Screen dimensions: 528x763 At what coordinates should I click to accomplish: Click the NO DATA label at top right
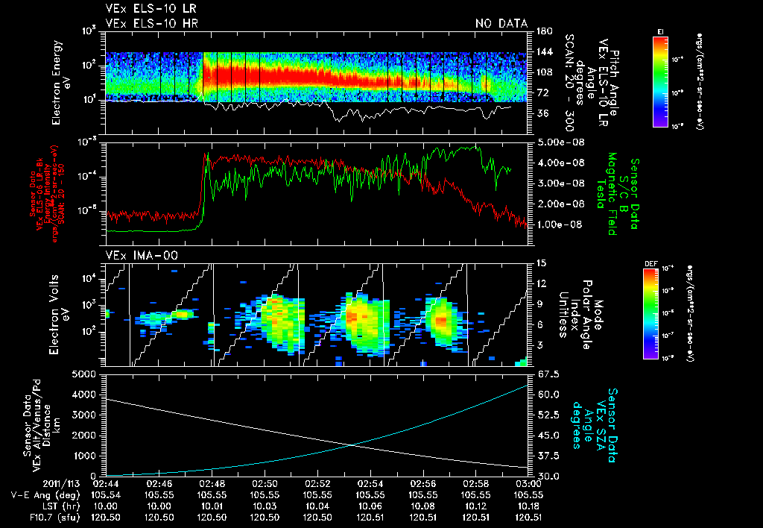[x=501, y=24]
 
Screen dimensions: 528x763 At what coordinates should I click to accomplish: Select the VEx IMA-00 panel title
[x=133, y=256]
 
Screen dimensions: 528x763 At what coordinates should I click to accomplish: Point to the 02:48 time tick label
[x=212, y=484]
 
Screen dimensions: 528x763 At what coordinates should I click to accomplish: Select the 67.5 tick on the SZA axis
[x=545, y=374]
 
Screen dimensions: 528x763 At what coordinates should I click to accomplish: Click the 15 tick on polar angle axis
[x=539, y=263]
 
